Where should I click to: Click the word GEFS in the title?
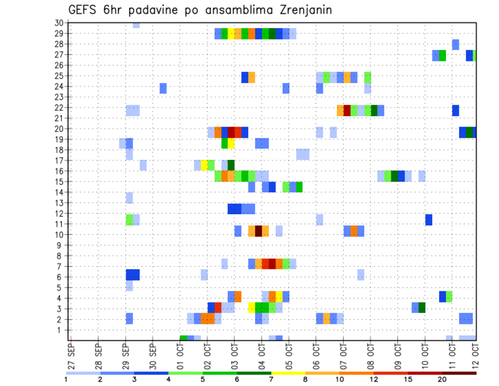click(x=83, y=10)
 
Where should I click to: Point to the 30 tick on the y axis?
click(x=59, y=23)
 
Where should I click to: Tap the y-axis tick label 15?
click(x=59, y=182)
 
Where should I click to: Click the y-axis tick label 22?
click(x=59, y=108)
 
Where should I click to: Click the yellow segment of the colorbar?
click(x=288, y=373)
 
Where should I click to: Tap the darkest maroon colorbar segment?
click(x=459, y=373)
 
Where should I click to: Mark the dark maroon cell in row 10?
click(x=258, y=230)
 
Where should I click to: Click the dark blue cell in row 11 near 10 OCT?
click(x=429, y=220)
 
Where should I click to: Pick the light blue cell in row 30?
click(x=136, y=24)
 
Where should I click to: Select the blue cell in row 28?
click(x=455, y=44)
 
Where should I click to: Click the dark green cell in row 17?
click(x=231, y=164)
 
